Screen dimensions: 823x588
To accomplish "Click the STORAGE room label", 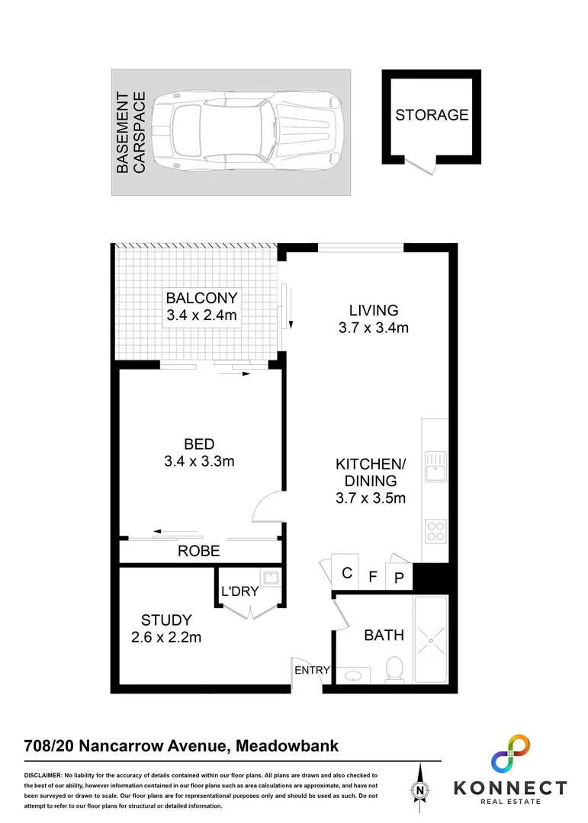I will coord(431,115).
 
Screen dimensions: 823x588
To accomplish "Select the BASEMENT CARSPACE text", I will coord(130,133).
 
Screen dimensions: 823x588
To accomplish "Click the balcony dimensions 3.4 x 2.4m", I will coord(202,315).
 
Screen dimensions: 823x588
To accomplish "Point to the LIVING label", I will coord(374,310).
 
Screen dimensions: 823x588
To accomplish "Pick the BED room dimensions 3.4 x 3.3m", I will coord(199,461).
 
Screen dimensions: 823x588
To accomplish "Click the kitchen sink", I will coord(435,467).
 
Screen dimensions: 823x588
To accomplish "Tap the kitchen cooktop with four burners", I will coord(435,530).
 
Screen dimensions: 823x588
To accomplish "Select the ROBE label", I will coord(199,551).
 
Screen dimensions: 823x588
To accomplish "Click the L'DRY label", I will coord(240,591).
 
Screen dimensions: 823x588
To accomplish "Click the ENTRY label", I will coord(313,670).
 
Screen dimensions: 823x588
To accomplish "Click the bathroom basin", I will coord(353,675).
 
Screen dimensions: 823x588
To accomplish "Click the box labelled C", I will coord(346,573).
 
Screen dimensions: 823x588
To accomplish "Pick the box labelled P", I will coord(398,578).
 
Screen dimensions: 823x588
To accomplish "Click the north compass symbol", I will coord(419,791).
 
